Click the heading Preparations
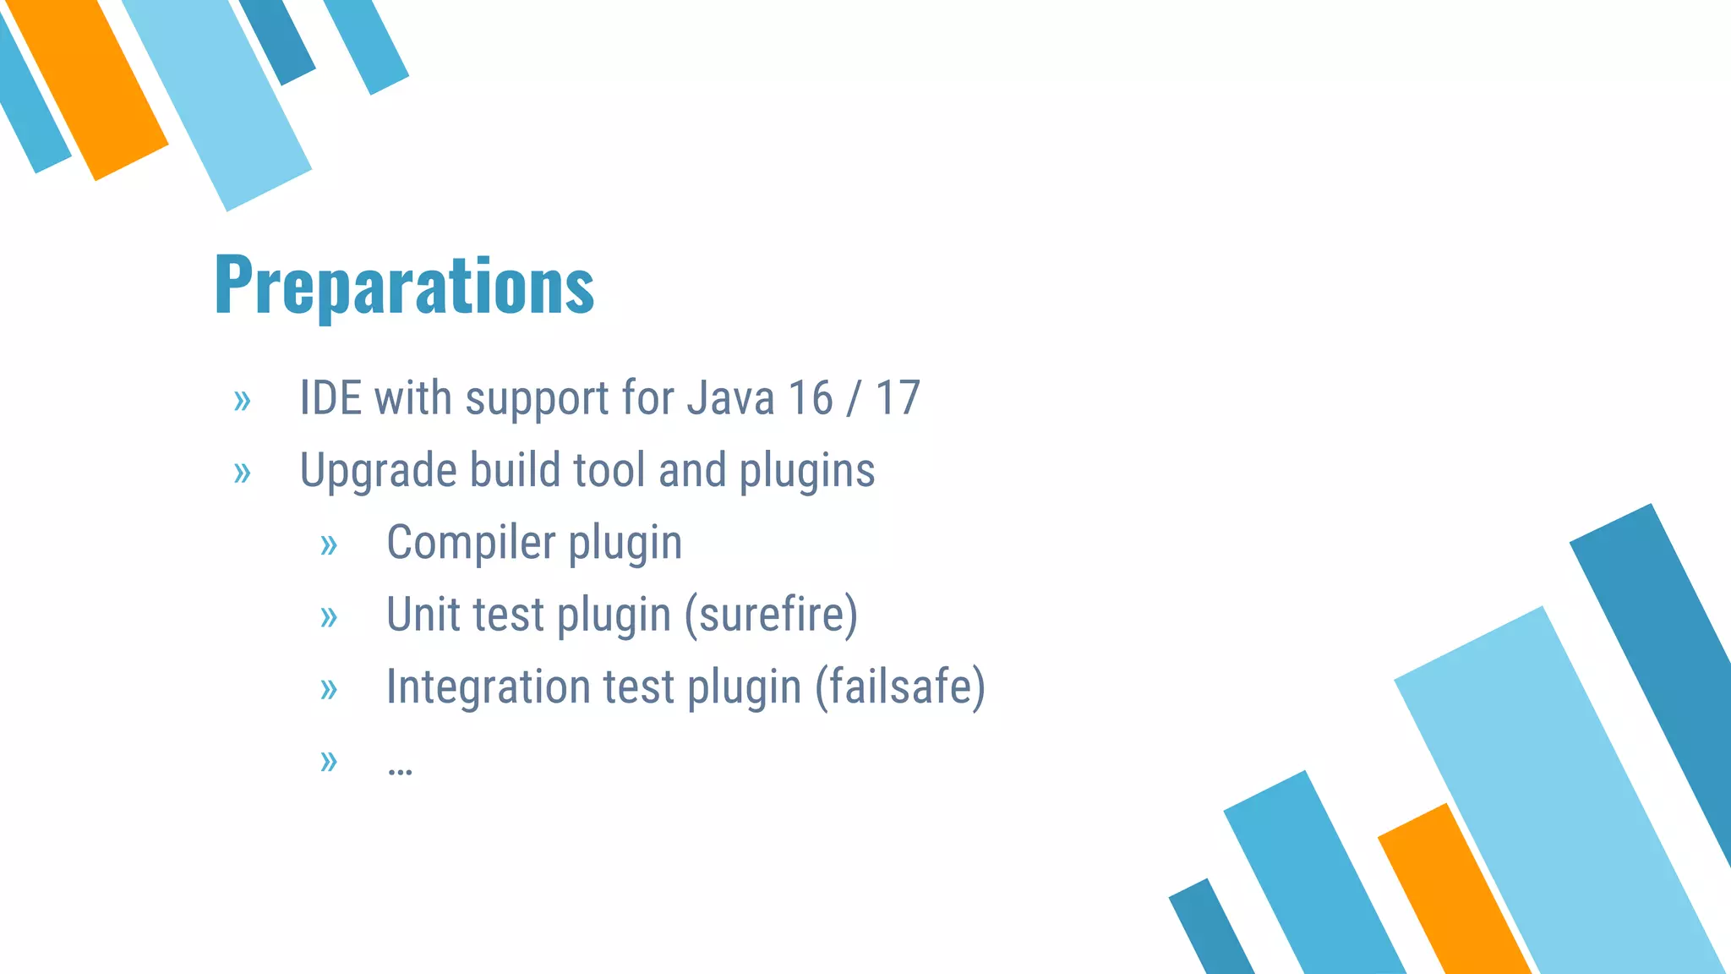tap(404, 286)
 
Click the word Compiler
tap(470, 542)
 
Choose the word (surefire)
tap(771, 615)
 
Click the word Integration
tap(488, 687)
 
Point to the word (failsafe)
tap(900, 687)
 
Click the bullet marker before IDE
tap(243, 401)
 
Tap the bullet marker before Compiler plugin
tap(329, 545)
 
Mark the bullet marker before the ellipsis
tap(329, 762)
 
